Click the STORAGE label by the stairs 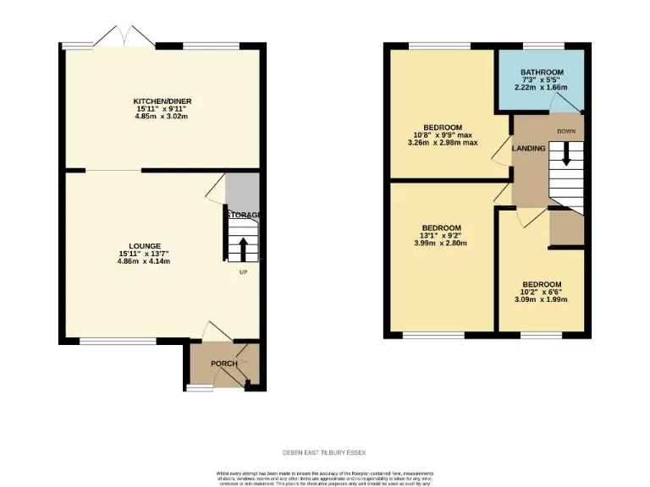click(x=242, y=215)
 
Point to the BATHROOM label click(x=542, y=72)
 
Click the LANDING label click(x=529, y=149)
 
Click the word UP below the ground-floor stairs click(x=244, y=272)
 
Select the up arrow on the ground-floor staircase click(x=244, y=249)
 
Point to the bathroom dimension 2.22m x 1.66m click(x=542, y=87)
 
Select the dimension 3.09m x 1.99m click(x=541, y=299)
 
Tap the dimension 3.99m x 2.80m click(x=441, y=243)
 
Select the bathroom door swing click(x=559, y=103)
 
